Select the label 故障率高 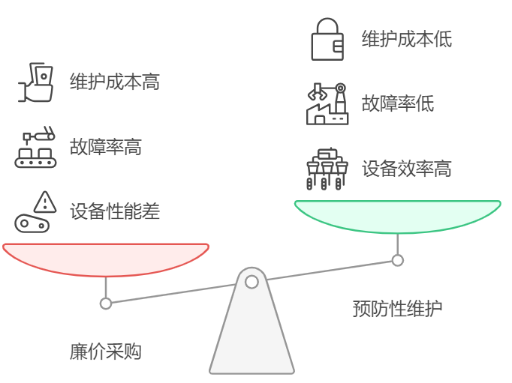coord(105,147)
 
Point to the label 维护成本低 coord(406,39)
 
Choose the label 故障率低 coord(397,103)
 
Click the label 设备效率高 coord(406,168)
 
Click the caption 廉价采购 coord(105,351)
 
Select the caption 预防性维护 coord(397,308)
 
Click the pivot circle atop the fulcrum coord(251,282)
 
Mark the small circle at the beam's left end coord(106,304)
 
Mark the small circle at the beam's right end coord(397,260)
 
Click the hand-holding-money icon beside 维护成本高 coord(38,83)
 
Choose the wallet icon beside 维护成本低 coord(327,39)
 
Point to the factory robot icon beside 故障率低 coord(327,103)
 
